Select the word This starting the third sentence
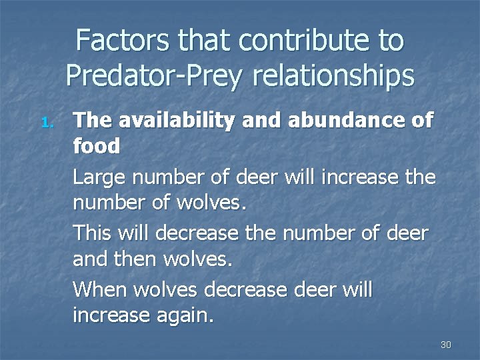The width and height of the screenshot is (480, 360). click(93, 233)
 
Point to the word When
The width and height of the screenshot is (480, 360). click(100, 289)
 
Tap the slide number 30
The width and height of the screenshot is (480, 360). click(446, 345)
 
